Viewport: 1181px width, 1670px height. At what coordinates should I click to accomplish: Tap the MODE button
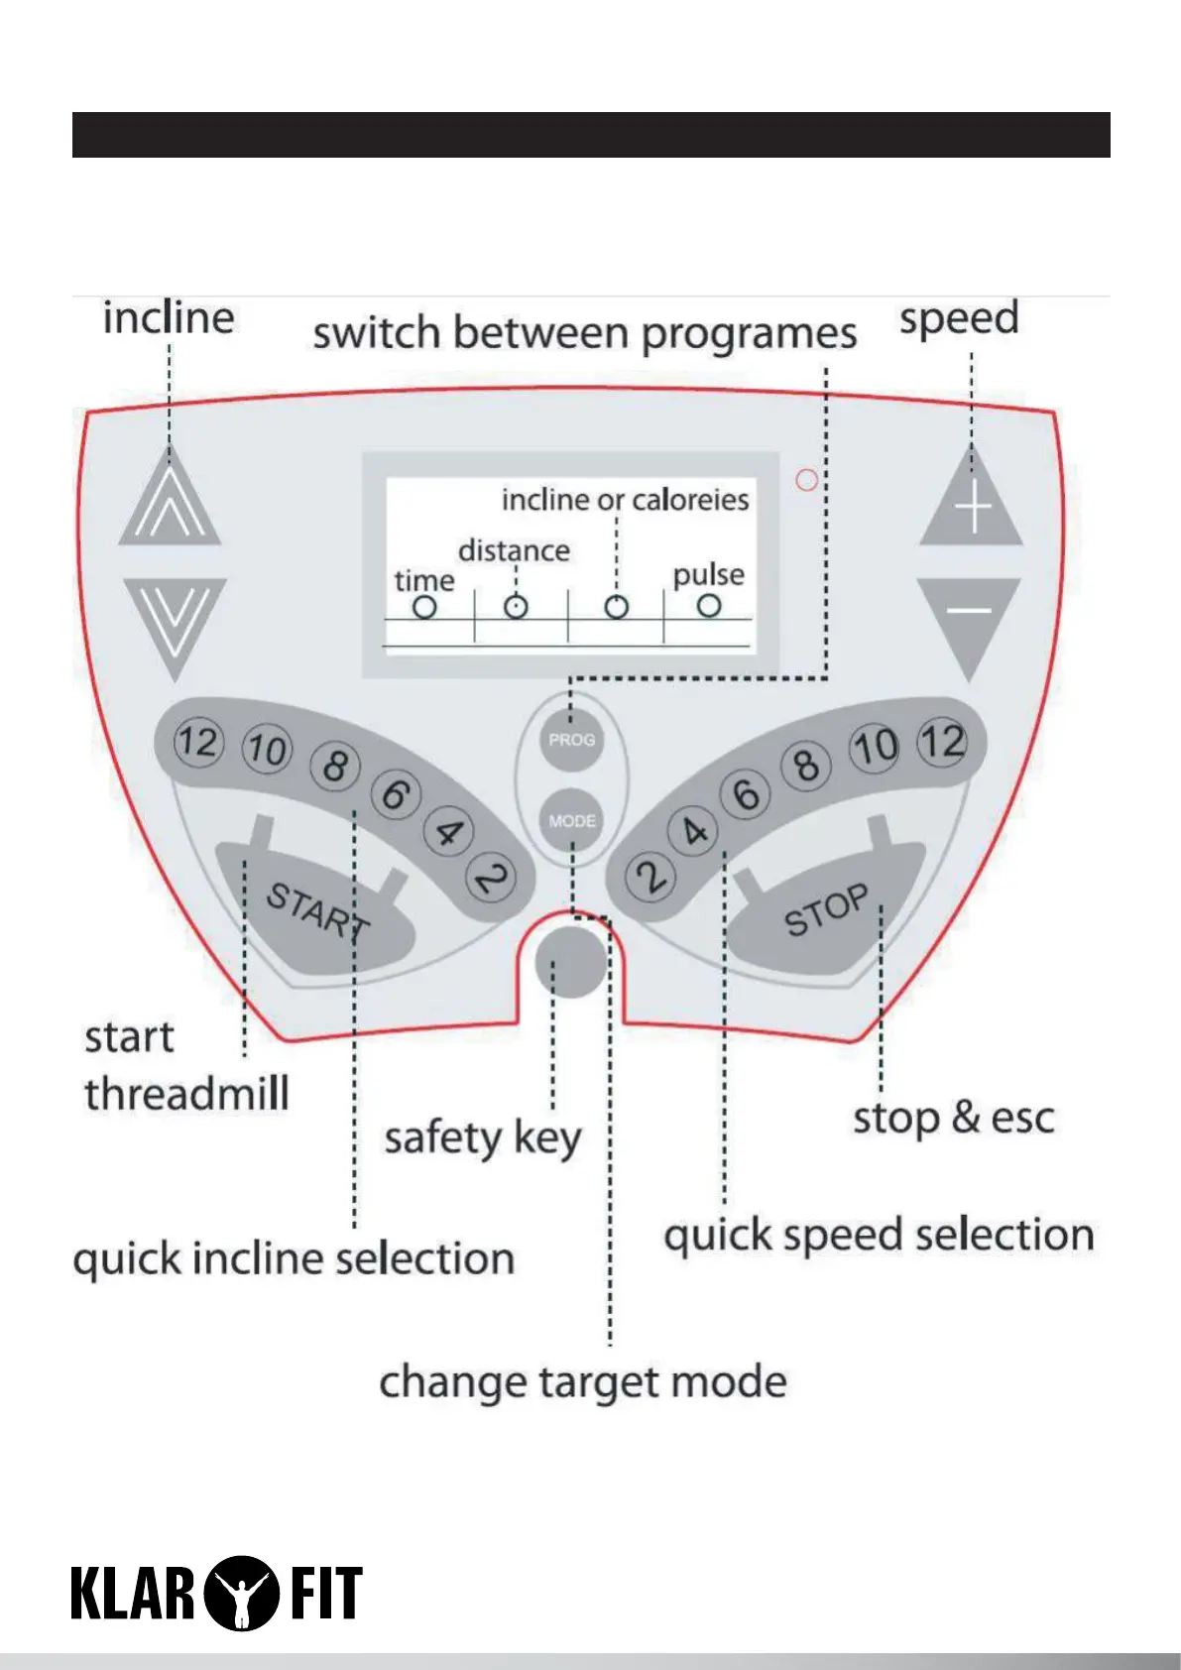[x=572, y=821]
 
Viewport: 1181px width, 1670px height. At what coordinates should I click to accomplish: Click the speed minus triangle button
[x=969, y=617]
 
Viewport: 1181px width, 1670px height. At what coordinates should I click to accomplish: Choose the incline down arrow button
[x=175, y=620]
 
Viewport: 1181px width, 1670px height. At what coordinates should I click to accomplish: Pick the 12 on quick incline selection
[x=197, y=742]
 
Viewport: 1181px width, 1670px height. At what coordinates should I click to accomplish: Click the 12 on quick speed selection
[x=941, y=742]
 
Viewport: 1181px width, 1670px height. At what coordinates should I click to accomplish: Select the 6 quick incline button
[x=395, y=794]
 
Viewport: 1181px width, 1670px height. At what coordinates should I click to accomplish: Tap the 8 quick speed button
[x=805, y=765]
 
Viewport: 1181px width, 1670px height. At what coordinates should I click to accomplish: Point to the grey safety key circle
[x=570, y=962]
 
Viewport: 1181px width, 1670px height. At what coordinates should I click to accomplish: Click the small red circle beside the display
[x=807, y=480]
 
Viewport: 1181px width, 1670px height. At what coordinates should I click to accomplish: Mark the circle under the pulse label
[x=708, y=605]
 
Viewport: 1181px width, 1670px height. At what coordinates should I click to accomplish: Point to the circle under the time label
[x=424, y=607]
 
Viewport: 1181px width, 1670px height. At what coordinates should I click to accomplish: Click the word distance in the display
[x=514, y=550]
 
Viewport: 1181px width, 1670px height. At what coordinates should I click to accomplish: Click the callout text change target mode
[x=583, y=1381]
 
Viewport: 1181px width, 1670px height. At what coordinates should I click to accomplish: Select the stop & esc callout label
[x=953, y=1119]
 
